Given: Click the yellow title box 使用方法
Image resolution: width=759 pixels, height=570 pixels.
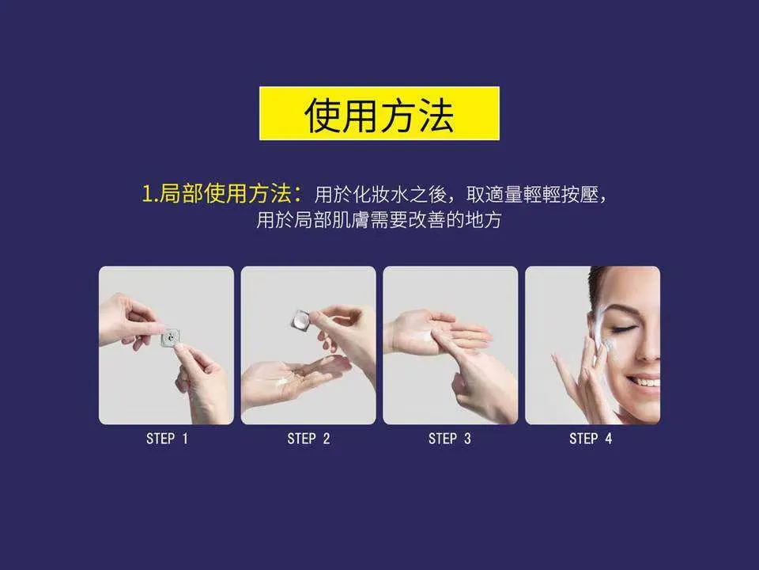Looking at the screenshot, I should point(379,115).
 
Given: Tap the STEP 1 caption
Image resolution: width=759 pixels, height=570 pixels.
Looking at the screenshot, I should point(167,439).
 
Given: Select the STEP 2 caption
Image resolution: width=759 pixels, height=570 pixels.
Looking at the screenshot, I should point(308,439).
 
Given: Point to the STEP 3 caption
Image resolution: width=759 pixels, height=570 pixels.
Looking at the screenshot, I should point(450,439).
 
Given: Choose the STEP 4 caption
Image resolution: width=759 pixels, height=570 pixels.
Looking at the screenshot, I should point(591,439).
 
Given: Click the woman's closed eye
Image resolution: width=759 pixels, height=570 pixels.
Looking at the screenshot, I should point(625,327).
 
